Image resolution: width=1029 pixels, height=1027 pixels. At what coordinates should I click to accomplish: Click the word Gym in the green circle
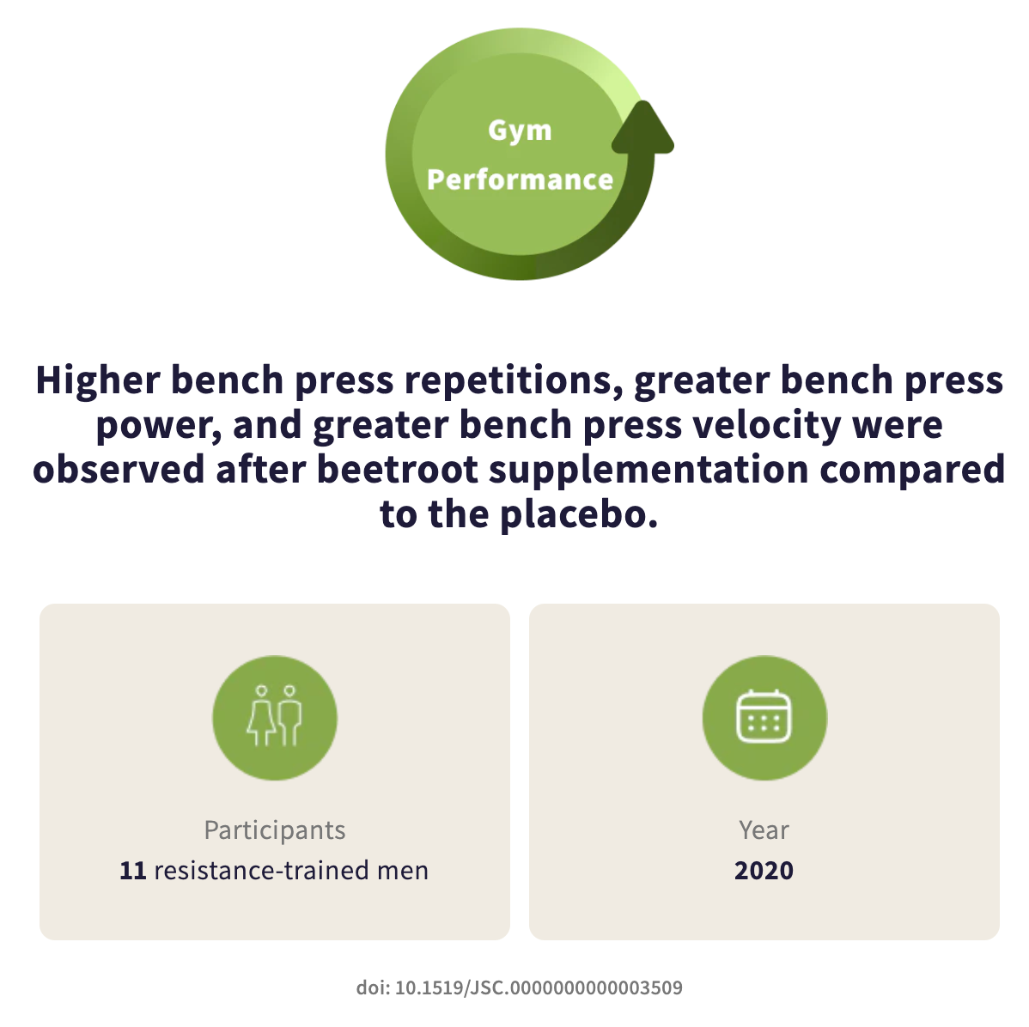click(x=520, y=131)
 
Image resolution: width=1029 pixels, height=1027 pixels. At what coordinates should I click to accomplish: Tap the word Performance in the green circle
click(x=520, y=179)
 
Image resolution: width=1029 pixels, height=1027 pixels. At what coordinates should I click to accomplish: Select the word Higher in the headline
click(x=98, y=380)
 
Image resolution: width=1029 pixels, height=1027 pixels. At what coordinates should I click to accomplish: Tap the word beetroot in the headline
click(x=398, y=470)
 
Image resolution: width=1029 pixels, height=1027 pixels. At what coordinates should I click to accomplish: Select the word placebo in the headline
click(x=579, y=514)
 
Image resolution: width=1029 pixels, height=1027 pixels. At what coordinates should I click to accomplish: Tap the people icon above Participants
click(x=274, y=717)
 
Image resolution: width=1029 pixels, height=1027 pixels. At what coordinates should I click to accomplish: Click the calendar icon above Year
click(x=764, y=717)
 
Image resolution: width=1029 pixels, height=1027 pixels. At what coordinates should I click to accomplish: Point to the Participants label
click(x=274, y=830)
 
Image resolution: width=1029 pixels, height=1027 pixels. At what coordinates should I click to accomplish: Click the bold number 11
click(x=132, y=871)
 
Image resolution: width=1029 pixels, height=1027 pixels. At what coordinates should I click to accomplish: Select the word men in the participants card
click(x=402, y=871)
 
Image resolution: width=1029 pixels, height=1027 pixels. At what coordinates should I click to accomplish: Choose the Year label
click(x=764, y=830)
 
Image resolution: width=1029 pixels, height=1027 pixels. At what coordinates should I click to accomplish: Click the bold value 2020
click(x=764, y=871)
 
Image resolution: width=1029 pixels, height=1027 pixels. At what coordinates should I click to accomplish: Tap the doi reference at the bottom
click(x=519, y=987)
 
